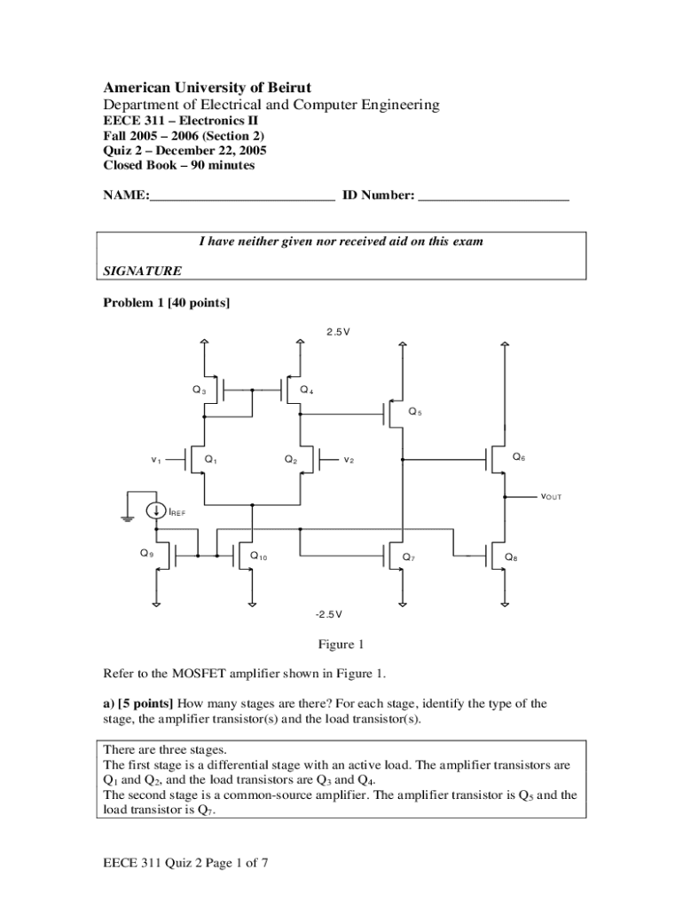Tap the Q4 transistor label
click(306, 390)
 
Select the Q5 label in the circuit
click(415, 411)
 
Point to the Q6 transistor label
click(519, 456)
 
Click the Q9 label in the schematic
click(146, 554)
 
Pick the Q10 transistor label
click(259, 557)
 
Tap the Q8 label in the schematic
click(511, 557)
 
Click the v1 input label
click(155, 460)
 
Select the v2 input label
click(349, 460)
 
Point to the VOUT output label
click(551, 496)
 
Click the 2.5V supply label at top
click(338, 332)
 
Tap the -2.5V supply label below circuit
click(327, 614)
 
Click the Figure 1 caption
click(341, 644)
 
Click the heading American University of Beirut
click(208, 87)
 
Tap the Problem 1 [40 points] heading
click(167, 304)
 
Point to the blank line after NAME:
click(242, 196)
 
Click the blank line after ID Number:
click(493, 196)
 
